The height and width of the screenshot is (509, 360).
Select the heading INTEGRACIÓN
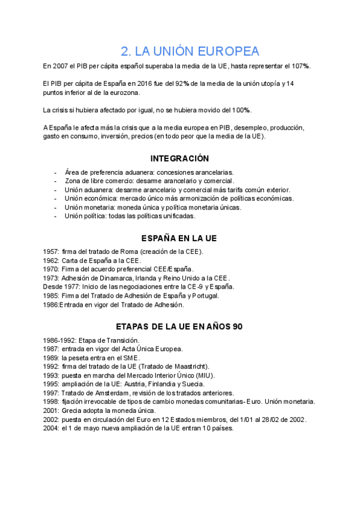tap(179, 158)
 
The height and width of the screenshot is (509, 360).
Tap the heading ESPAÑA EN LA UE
tap(179, 239)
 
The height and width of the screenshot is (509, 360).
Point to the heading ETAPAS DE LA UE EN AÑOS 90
tap(179, 327)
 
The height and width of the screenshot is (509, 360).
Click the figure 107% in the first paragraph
tap(301, 65)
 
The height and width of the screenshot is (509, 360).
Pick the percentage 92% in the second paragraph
tap(183, 83)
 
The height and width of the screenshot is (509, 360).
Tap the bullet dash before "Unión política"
tap(55, 215)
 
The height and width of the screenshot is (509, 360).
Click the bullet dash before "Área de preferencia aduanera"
tap(55, 172)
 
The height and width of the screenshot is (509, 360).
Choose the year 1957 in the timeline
tap(51, 251)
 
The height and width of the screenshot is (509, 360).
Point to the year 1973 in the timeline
tap(51, 278)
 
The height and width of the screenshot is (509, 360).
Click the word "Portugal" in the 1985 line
tap(204, 295)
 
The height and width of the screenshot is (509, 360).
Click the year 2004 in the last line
tap(51, 429)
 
